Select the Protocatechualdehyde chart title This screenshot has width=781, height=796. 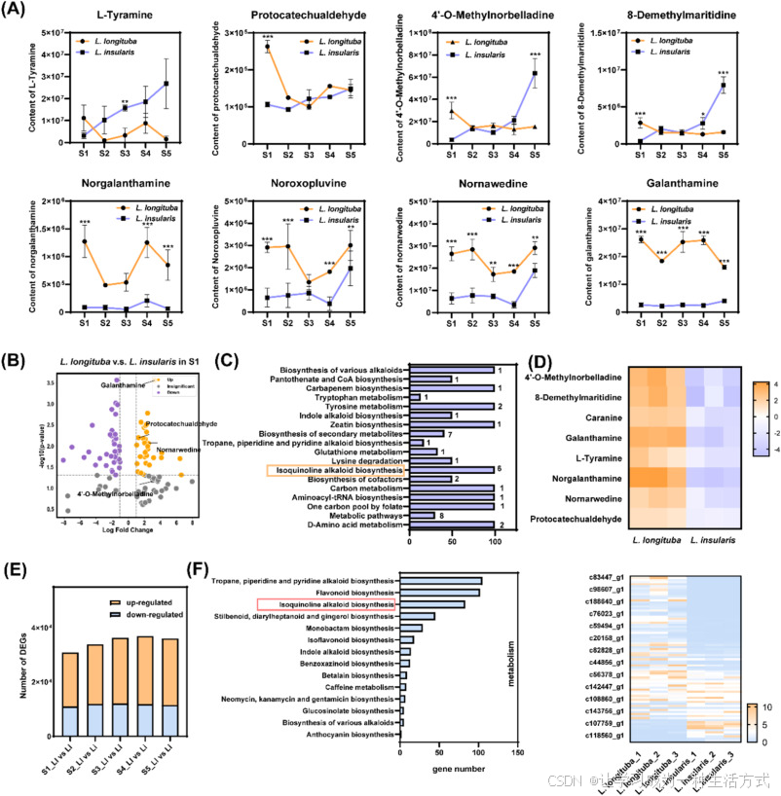click(279, 17)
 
